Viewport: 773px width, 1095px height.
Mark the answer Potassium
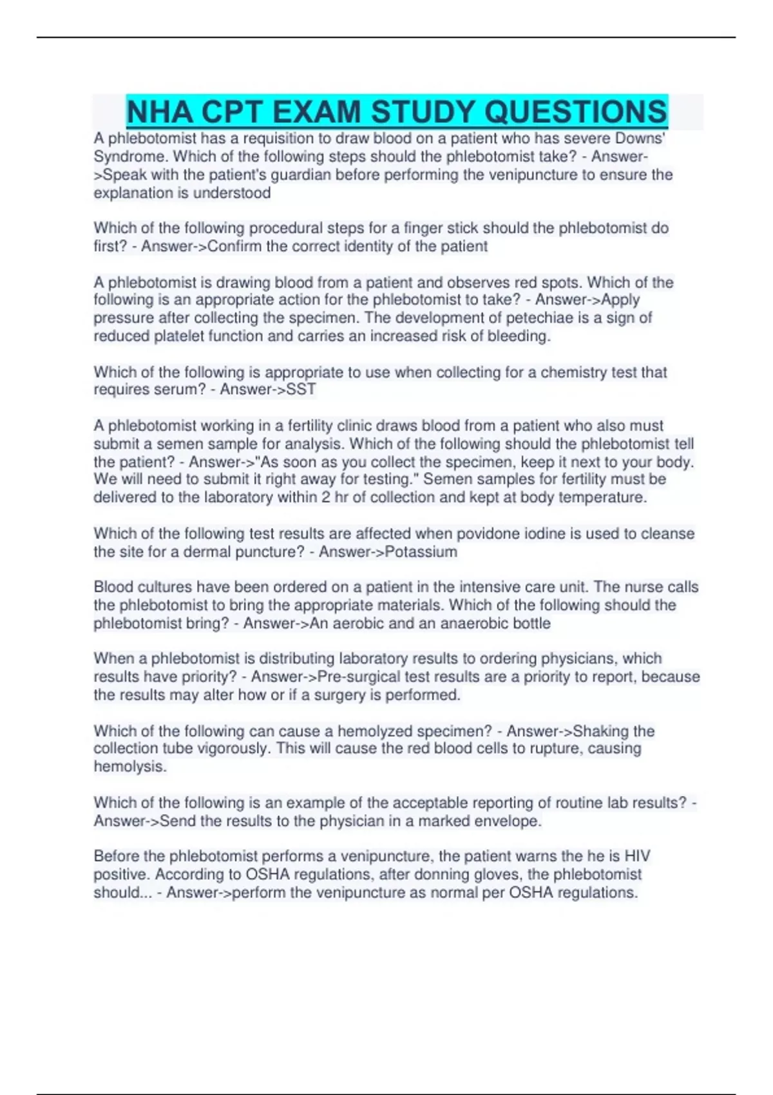420,551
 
